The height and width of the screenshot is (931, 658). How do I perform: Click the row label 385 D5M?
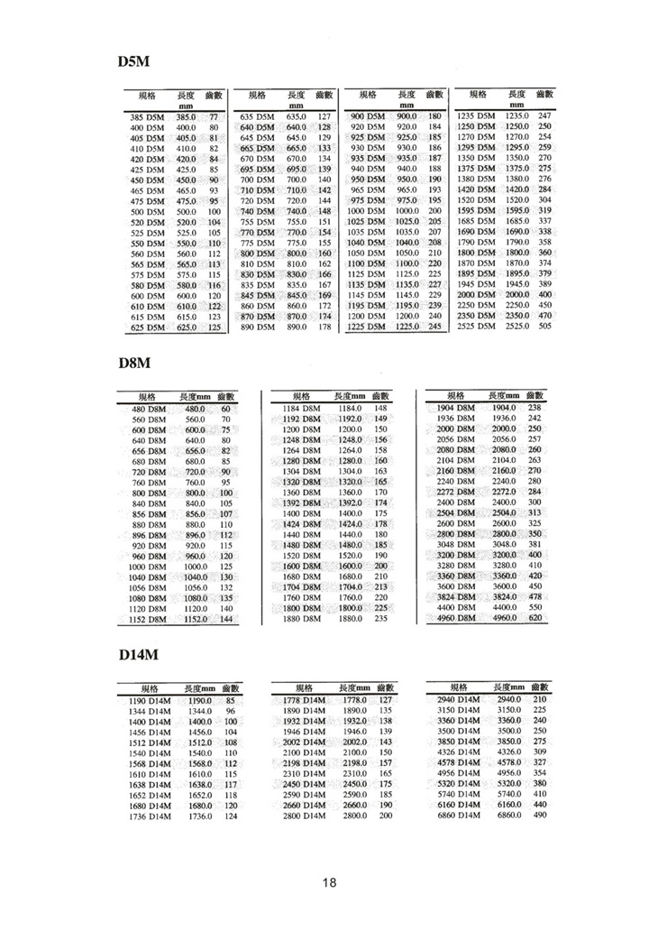[146, 118]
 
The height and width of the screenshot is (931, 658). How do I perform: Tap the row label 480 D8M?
[146, 410]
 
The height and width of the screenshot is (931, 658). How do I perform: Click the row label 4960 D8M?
[455, 619]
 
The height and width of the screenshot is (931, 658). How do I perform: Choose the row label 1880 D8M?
[303, 619]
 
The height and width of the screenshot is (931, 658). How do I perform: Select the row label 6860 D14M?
[458, 815]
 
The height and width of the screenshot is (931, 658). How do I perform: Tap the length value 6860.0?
[509, 815]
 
